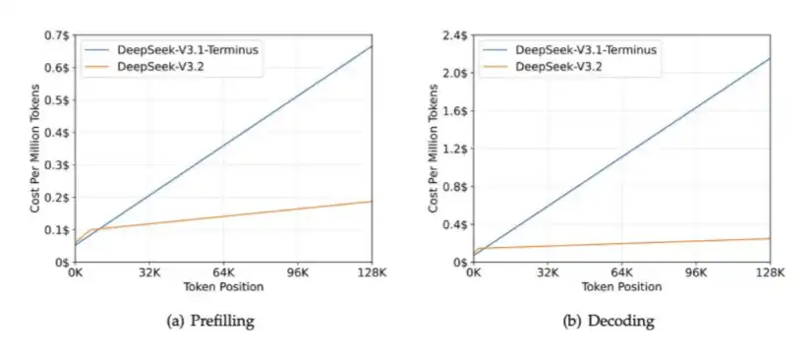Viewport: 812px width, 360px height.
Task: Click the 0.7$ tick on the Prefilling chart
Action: point(58,35)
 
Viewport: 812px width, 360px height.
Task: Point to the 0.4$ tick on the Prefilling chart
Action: point(58,133)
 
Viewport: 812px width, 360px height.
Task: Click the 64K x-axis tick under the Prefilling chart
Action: point(224,272)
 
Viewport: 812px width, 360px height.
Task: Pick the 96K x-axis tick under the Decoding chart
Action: point(696,272)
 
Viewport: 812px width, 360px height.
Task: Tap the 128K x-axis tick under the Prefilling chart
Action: point(373,272)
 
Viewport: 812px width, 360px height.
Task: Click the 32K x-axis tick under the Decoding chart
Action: point(548,272)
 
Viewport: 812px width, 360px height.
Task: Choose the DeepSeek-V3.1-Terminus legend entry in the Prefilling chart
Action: point(171,50)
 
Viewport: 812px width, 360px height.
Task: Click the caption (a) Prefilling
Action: point(210,322)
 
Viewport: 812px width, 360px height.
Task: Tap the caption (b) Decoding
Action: point(609,322)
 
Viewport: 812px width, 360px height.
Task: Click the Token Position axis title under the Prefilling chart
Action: point(224,286)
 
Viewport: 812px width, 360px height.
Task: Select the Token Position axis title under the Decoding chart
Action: point(621,286)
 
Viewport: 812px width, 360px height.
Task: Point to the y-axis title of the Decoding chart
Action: point(434,149)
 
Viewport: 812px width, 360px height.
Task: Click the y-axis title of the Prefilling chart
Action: point(35,149)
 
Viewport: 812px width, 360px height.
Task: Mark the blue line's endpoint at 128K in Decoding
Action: point(770,59)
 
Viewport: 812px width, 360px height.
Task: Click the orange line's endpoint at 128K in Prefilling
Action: point(372,202)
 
